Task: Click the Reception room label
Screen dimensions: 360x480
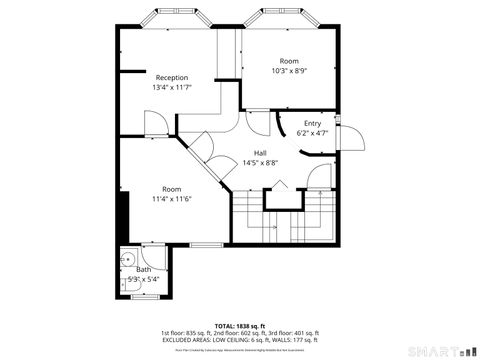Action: (172, 77)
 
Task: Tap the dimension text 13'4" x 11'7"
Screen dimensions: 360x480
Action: (172, 88)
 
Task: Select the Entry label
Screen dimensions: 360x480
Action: (313, 122)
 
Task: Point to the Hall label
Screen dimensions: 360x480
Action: (259, 152)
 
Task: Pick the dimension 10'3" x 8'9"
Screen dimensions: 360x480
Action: (289, 71)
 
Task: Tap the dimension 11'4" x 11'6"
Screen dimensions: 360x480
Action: (172, 198)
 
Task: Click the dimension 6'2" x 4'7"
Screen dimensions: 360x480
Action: (313, 132)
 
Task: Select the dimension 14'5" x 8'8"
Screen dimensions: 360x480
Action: (259, 162)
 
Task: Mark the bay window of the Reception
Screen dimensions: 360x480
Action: (172, 18)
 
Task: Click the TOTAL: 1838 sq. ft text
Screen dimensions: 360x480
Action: (240, 326)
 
